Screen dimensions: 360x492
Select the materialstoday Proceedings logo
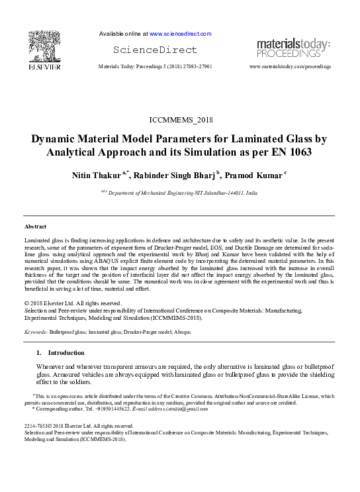(293, 48)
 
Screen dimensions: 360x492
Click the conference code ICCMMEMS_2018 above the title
(180, 120)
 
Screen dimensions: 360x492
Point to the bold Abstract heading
(35, 226)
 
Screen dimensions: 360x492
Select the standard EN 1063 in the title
(288, 152)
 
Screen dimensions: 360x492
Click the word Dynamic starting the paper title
(56, 139)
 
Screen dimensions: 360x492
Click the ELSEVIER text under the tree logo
(44, 66)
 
